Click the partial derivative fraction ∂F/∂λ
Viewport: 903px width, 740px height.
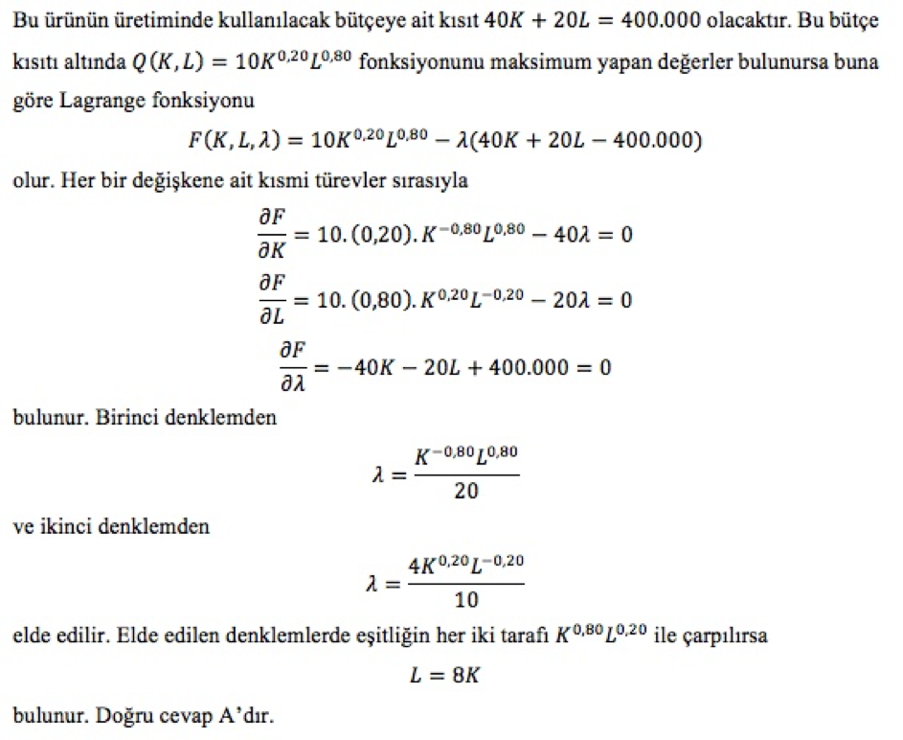point(295,367)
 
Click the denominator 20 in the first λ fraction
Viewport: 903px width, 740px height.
point(467,492)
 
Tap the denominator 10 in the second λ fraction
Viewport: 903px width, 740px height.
point(466,600)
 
